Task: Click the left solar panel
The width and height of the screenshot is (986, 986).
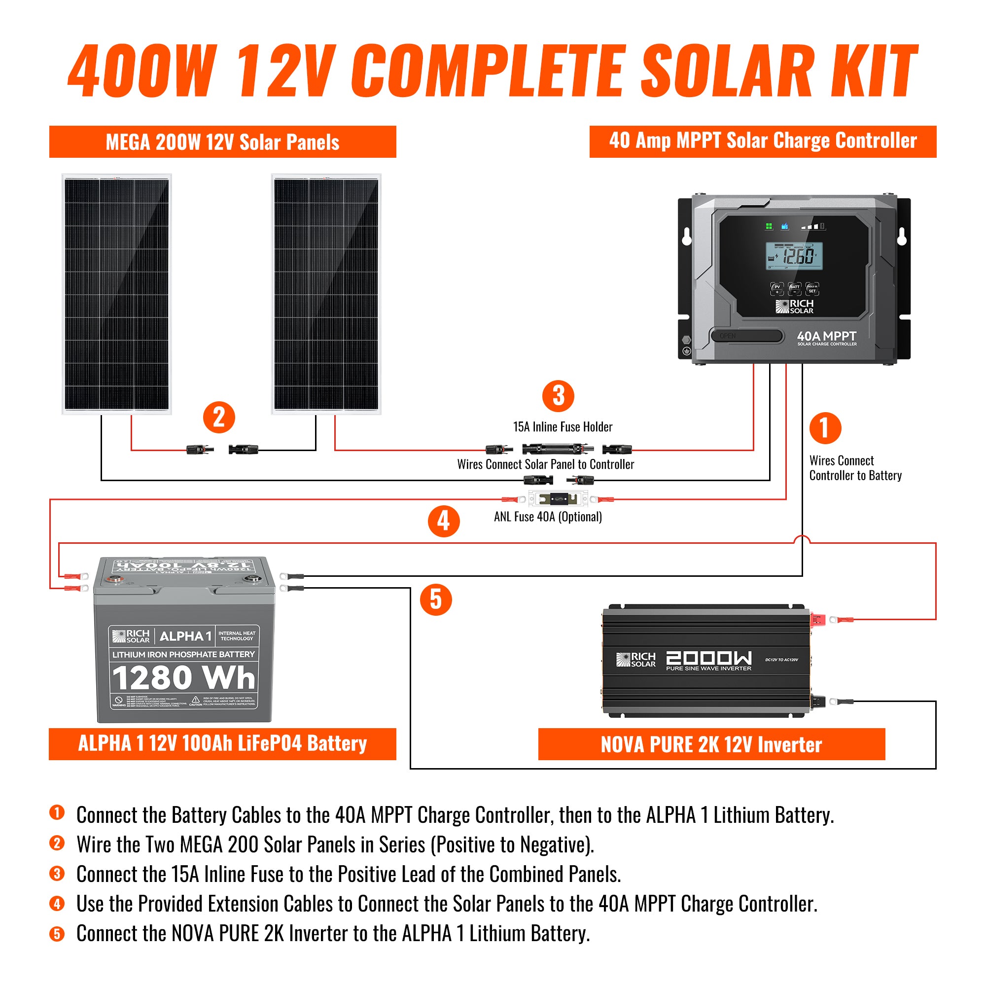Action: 117,294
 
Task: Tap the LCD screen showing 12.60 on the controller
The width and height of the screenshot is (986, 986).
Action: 794,256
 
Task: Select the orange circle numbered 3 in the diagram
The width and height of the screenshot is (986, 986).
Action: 559,396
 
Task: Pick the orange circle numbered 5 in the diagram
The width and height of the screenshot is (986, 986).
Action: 435,599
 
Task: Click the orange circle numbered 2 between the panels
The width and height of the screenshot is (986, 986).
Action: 219,418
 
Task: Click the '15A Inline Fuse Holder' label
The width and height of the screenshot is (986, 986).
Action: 563,426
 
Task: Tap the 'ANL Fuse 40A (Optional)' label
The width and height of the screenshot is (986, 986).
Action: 548,517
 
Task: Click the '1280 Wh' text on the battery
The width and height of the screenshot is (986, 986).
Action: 184,678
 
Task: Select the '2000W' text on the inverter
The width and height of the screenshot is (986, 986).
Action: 709,658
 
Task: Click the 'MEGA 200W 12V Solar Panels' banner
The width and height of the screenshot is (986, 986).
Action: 222,142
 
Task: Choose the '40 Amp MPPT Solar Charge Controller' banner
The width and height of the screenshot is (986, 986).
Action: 763,141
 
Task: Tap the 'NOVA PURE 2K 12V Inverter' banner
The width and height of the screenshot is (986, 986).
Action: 711,744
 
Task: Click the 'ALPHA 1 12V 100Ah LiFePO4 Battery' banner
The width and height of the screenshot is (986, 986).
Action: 222,743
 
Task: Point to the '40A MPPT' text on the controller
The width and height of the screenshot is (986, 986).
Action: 826,336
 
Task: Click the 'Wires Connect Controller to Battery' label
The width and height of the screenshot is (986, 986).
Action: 855,468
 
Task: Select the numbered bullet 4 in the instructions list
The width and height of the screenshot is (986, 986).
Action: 57,904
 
